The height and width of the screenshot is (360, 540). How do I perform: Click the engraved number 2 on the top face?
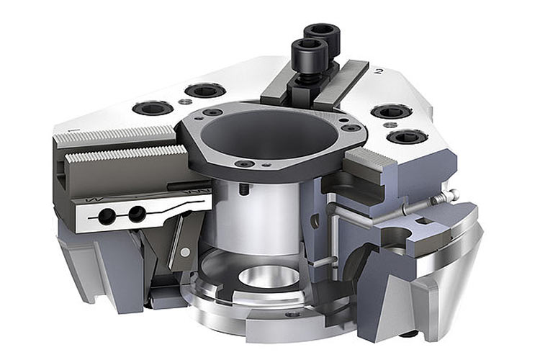[379, 72]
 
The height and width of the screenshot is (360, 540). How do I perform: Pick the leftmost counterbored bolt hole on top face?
[153, 108]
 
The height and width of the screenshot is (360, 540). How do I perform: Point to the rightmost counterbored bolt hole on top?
[407, 137]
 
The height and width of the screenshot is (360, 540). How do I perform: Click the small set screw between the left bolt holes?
[186, 101]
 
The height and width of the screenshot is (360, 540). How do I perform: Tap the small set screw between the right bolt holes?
[390, 124]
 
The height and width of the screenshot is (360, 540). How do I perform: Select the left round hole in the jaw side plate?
[107, 216]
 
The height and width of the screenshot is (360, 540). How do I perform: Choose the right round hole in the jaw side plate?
[137, 214]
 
